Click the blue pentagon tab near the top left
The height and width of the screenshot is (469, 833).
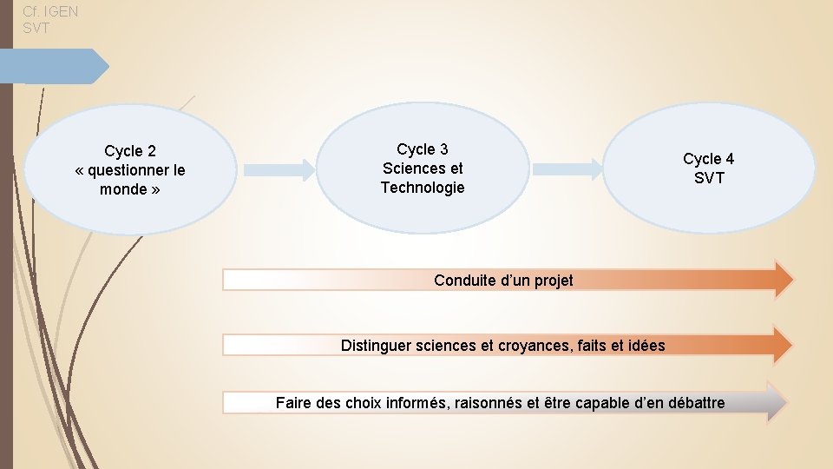click(x=57, y=66)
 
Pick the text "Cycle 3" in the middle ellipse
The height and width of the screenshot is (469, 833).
click(x=423, y=149)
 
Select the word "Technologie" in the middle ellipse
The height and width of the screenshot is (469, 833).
click(x=423, y=188)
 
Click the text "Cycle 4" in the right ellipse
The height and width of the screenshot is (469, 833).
click(x=708, y=159)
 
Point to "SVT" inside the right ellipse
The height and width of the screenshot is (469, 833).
click(x=708, y=178)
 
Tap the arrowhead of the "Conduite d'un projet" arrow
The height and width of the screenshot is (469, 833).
click(x=782, y=279)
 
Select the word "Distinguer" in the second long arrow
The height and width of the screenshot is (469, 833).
click(x=376, y=346)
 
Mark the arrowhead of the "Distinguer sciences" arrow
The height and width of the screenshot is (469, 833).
click(x=782, y=345)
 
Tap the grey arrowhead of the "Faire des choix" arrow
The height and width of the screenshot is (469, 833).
click(x=777, y=402)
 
